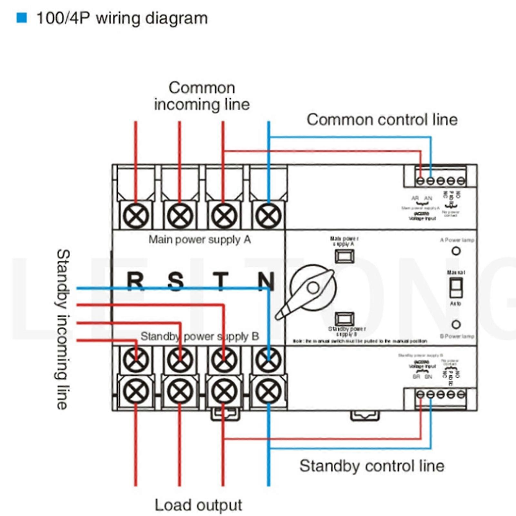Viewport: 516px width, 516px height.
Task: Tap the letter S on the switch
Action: (176, 281)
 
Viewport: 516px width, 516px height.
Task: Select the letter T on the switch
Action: (221, 281)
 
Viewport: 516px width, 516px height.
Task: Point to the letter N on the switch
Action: (266, 281)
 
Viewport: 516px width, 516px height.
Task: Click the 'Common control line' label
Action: (382, 120)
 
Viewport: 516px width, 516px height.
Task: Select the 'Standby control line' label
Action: (372, 466)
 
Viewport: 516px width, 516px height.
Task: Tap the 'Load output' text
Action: (198, 505)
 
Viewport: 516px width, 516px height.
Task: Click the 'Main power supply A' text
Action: (199, 240)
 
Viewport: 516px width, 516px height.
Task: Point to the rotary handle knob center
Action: (313, 288)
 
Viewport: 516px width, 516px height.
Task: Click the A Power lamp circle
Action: (456, 251)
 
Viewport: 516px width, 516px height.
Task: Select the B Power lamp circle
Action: (456, 324)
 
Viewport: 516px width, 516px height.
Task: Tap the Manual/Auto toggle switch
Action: (456, 288)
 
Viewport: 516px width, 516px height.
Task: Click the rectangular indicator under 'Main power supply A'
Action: (344, 257)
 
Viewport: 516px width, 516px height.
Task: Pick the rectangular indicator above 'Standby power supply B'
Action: (344, 319)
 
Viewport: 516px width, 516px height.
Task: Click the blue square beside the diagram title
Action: (22, 18)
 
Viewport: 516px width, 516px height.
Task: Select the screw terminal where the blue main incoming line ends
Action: (268, 215)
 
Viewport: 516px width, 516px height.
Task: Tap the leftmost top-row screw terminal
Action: (136, 215)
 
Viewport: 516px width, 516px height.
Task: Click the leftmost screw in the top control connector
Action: (420, 181)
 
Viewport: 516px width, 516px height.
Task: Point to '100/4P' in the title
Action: (63, 18)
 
